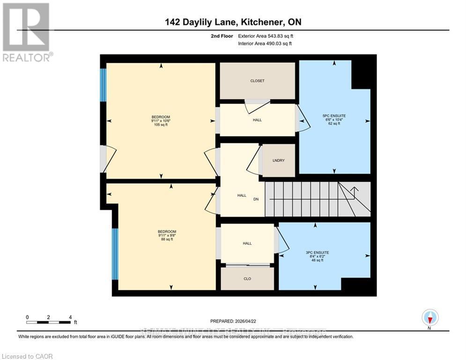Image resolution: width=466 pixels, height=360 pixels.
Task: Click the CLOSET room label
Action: tap(257, 81)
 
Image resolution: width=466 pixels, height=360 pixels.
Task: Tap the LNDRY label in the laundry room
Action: tap(279, 161)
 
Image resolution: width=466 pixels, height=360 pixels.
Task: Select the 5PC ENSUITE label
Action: tap(334, 116)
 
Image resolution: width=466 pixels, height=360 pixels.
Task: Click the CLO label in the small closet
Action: tap(247, 279)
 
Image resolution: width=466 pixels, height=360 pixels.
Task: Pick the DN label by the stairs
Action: tap(256, 199)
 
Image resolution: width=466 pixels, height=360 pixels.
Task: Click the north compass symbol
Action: tap(429, 317)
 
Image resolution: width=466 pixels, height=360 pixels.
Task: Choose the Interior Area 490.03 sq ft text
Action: tap(266, 44)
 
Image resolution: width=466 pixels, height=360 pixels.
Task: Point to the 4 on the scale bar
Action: tap(70, 317)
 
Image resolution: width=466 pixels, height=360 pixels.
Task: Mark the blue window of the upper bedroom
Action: tap(103, 85)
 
